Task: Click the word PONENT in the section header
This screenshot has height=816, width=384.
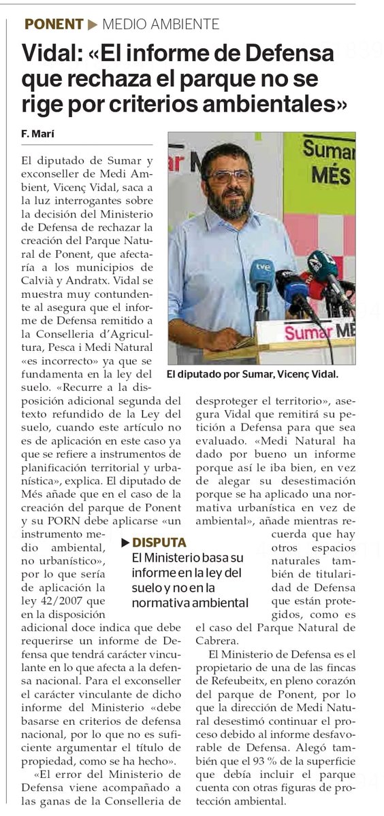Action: [54, 25]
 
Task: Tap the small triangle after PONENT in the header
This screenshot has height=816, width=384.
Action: [93, 25]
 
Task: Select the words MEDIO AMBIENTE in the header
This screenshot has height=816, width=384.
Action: [161, 25]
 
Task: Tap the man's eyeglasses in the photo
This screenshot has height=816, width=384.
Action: [229, 176]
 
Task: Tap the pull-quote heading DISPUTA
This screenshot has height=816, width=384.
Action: [159, 543]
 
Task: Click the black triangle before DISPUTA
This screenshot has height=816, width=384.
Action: [126, 543]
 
